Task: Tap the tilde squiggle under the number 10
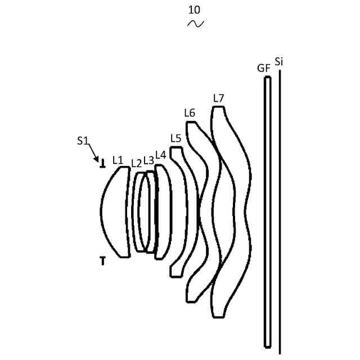tap(195, 23)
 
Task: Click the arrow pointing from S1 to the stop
tap(94, 153)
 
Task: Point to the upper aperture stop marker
tap(102, 165)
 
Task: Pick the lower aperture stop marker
tap(102, 260)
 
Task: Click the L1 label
tap(118, 160)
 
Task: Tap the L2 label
tap(136, 163)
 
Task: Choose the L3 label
tap(148, 160)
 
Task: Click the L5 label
tap(175, 138)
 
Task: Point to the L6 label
tap(190, 113)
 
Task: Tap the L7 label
tap(219, 98)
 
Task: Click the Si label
tap(279, 61)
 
